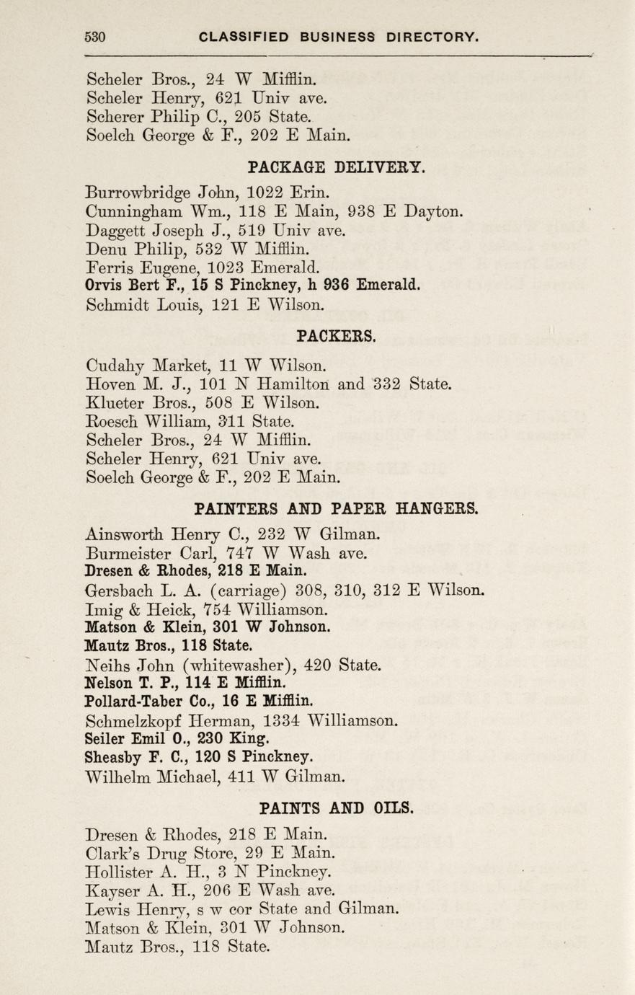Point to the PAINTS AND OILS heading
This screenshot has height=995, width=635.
(336, 808)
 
